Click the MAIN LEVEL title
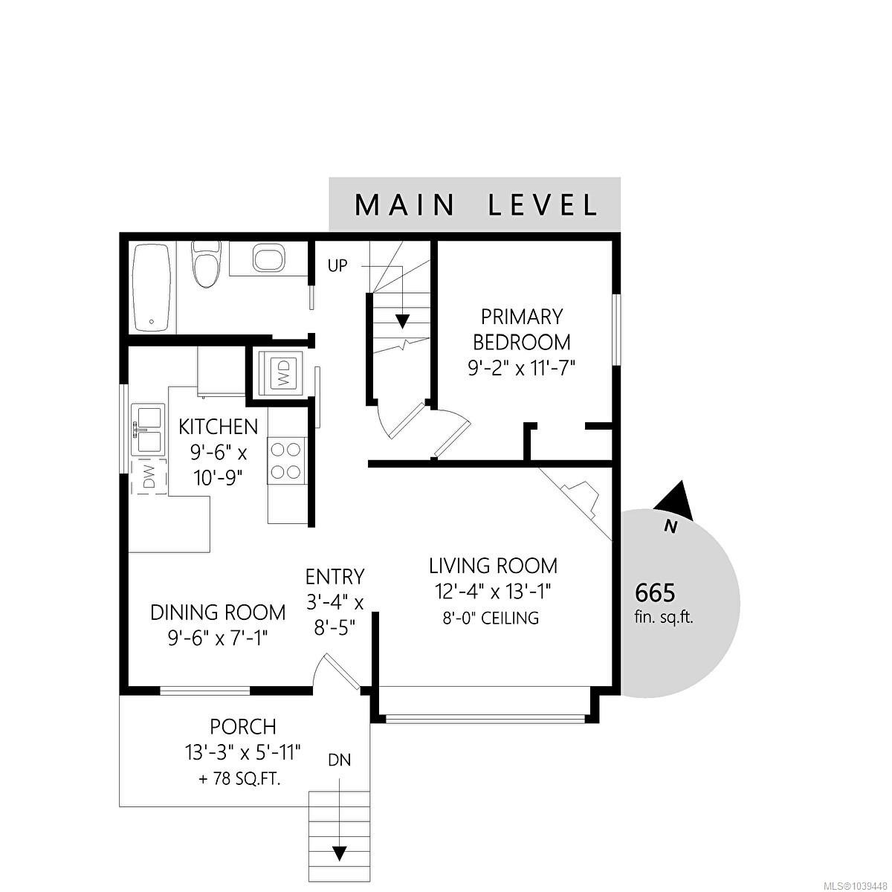click(476, 205)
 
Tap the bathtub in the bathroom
click(152, 288)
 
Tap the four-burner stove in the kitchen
click(286, 461)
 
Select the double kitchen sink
click(148, 428)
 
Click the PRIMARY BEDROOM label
click(522, 329)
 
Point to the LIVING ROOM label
click(493, 566)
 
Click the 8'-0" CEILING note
click(491, 618)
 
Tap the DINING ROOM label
click(218, 613)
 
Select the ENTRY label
click(334, 577)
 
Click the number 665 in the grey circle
click(655, 592)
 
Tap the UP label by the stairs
click(337, 265)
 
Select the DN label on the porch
click(339, 760)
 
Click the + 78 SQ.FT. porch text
click(240, 780)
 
